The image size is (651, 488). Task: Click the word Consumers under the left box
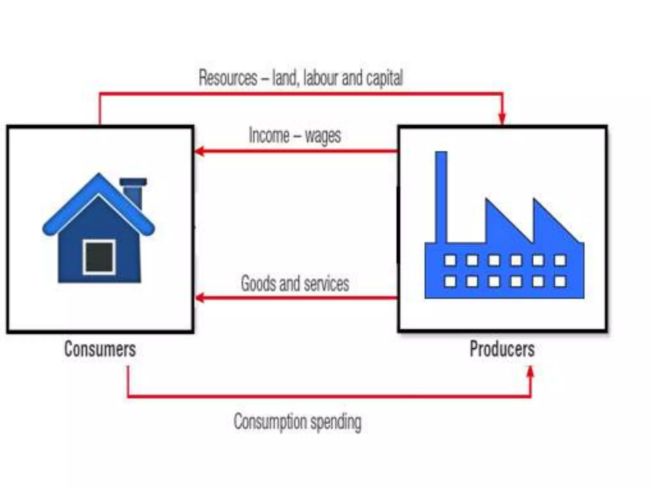click(x=100, y=349)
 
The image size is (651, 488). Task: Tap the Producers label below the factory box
click(x=502, y=349)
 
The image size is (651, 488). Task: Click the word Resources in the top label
click(x=228, y=78)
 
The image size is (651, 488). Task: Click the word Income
click(x=269, y=136)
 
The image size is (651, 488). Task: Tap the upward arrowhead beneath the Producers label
click(x=530, y=372)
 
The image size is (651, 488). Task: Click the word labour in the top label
click(x=321, y=78)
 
